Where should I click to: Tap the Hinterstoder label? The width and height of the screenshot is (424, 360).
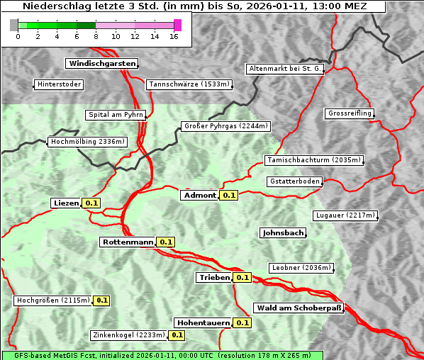(x=59, y=84)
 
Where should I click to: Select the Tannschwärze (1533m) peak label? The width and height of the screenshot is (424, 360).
(x=189, y=84)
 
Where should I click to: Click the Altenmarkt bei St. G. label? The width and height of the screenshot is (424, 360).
(x=285, y=69)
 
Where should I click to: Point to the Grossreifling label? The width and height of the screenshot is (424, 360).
(x=350, y=113)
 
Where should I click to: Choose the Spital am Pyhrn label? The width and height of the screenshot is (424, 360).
(x=116, y=115)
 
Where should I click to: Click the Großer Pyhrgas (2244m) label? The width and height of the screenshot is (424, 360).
(x=225, y=126)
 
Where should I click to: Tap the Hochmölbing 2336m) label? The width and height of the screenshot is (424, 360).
(x=87, y=142)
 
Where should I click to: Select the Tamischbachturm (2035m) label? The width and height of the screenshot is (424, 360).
(x=313, y=160)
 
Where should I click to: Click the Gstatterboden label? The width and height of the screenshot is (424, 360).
(x=294, y=181)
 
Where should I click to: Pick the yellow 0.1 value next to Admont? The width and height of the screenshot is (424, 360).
(x=228, y=196)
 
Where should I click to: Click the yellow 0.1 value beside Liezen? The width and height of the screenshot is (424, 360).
(x=91, y=203)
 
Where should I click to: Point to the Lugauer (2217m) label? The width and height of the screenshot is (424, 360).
(x=344, y=215)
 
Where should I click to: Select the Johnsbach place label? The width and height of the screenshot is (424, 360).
(x=283, y=232)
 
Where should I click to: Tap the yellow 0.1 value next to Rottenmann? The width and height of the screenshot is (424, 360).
(x=165, y=242)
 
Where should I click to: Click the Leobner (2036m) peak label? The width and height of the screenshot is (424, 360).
(x=301, y=268)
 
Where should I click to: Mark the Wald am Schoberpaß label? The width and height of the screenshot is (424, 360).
(x=299, y=308)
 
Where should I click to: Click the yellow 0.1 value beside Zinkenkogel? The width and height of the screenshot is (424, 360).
(x=177, y=335)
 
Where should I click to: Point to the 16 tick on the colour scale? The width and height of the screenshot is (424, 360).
(x=174, y=35)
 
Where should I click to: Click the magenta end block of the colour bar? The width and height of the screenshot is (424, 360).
(x=177, y=25)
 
